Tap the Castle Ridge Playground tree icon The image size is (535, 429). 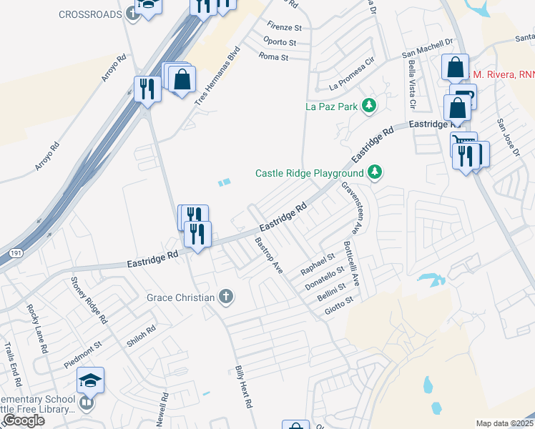click(x=374, y=172)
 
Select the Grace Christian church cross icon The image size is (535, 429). click(x=226, y=297)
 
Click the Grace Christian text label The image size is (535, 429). click(x=180, y=297)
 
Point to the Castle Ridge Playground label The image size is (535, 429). click(x=310, y=173)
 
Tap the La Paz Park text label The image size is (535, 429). click(x=330, y=108)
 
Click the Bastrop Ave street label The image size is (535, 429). click(x=269, y=256)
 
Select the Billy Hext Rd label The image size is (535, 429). click(x=244, y=387)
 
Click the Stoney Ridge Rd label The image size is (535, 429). click(x=88, y=299)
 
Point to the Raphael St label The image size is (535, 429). click(x=318, y=265)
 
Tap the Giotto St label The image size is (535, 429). click(x=339, y=307)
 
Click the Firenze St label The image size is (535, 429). click(x=285, y=27)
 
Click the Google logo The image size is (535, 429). click(x=23, y=420)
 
